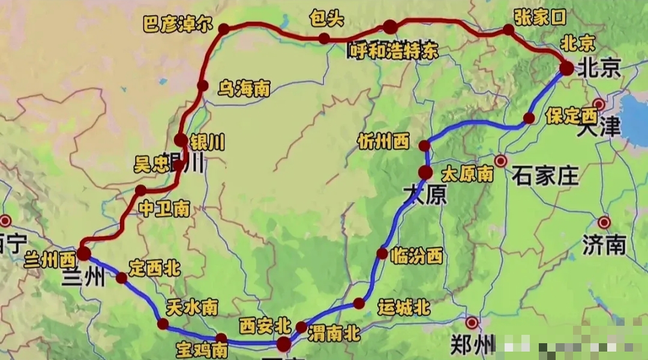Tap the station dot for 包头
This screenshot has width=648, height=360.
[x=324, y=39]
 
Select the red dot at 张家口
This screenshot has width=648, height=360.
[x=509, y=29]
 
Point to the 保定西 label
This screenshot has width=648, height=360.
[x=571, y=115]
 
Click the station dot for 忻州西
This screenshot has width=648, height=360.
[x=424, y=145]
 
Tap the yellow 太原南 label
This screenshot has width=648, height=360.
[x=467, y=174]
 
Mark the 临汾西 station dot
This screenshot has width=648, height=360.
[x=382, y=253]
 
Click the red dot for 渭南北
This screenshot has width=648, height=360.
[x=301, y=327]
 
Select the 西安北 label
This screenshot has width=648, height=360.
[x=265, y=326]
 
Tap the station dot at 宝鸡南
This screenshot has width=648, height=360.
[x=221, y=338]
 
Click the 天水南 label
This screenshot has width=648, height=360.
[x=192, y=308]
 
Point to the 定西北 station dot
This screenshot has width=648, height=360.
[x=122, y=277]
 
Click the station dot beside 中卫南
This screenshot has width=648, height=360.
[x=141, y=190]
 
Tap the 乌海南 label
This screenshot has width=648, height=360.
[x=244, y=89]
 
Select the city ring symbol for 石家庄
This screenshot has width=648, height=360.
[x=501, y=161]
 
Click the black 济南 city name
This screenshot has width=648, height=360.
[x=604, y=244]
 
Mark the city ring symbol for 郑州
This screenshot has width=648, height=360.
[x=472, y=323]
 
